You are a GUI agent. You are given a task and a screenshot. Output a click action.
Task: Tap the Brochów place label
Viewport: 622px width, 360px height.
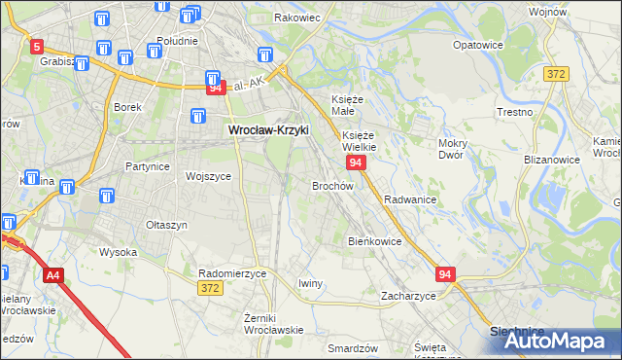pos(331,185)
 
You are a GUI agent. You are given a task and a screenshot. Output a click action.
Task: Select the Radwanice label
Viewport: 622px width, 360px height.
pos(409,198)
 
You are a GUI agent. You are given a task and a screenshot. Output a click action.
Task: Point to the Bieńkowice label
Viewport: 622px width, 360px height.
pos(374,240)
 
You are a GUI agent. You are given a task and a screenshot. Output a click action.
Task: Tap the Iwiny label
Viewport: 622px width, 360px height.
pos(310,283)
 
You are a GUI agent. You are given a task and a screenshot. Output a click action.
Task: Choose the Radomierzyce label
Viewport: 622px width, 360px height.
pos(231,274)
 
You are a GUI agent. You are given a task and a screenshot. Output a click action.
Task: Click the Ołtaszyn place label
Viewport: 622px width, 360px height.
pos(166,225)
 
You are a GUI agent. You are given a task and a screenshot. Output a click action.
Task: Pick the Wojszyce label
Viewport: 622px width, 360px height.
pos(208,176)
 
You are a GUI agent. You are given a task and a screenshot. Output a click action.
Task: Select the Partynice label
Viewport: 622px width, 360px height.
pos(148,166)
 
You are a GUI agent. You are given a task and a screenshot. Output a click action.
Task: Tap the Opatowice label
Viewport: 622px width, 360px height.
pos(478,45)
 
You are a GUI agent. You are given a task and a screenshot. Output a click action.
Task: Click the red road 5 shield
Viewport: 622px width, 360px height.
pos(37,46)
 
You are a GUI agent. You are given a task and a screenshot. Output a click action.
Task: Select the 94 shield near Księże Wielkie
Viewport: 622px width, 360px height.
pos(356,162)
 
